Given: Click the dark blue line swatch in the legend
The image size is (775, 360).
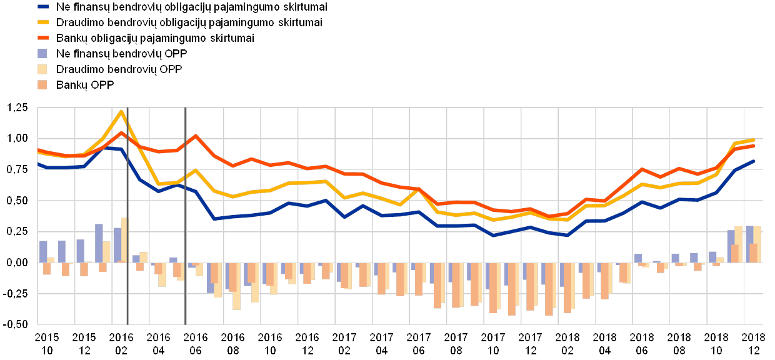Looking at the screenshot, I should point(43,7).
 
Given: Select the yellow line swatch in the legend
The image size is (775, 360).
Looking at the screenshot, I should point(43,22).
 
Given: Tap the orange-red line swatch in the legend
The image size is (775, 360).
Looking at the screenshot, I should point(43,38).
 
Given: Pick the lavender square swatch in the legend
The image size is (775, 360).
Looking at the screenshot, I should point(43,54).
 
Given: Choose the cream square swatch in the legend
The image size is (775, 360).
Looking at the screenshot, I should point(43,69).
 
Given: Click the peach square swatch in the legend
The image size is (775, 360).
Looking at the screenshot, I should point(43,85).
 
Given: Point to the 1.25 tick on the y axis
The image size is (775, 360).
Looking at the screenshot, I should point(17,108).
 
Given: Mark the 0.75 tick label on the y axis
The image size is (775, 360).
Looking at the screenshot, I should point(17,170).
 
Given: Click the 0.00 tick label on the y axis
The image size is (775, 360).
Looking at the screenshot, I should point(17,263).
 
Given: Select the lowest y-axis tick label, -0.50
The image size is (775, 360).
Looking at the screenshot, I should point(17,325).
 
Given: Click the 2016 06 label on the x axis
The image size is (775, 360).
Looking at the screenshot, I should point(196,342).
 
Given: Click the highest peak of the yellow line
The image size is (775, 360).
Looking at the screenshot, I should point(121,111).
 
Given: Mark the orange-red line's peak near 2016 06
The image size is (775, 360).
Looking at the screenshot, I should point(196,136).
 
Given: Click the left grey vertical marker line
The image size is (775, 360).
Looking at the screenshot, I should point(127,216).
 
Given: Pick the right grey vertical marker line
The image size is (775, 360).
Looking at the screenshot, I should point(186,216).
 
